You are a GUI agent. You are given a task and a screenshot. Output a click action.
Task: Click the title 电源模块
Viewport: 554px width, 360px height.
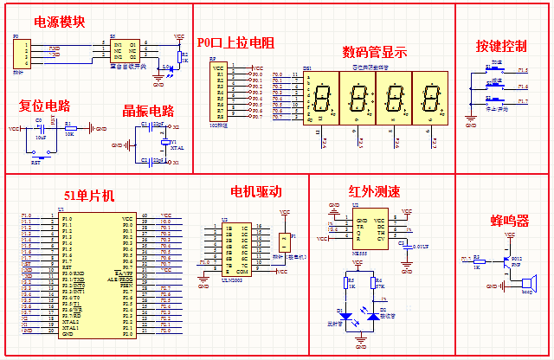(60, 22)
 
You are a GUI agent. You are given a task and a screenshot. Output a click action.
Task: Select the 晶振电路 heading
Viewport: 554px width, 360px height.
(149, 111)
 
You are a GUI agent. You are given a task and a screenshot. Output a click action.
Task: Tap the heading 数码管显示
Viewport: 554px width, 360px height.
(374, 52)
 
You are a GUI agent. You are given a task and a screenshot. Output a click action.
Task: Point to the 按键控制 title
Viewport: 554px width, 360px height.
(501, 45)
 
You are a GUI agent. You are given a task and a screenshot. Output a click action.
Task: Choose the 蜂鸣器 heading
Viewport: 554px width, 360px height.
(511, 221)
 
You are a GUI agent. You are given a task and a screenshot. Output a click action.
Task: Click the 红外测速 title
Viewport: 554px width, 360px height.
(374, 191)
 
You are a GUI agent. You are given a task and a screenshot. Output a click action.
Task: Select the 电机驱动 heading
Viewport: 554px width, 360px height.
(256, 191)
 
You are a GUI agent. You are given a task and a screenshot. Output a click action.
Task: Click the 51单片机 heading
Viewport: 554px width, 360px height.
(88, 196)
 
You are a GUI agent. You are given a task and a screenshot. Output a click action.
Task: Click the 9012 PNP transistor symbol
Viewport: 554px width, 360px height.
(508, 258)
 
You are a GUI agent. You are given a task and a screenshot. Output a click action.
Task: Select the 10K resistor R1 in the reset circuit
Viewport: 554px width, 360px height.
(70, 129)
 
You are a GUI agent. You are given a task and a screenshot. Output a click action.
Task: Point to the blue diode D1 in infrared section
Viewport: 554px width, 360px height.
(351, 317)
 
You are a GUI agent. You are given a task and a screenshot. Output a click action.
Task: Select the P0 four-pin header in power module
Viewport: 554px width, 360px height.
(21, 54)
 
